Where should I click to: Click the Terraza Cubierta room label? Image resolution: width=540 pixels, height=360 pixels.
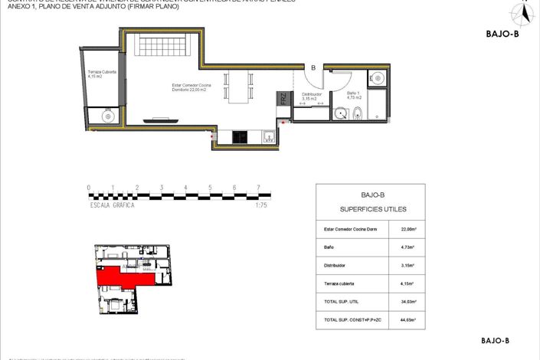pos(102,74)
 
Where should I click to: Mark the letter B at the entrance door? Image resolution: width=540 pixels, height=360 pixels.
pos(313,68)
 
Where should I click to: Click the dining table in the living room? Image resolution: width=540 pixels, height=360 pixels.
pos(238,87)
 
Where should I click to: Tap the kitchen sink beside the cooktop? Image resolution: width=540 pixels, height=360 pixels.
pos(269,137)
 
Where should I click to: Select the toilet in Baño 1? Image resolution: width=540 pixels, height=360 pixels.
pos(357,114)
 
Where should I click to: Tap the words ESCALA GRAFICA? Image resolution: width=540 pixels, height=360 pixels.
pos(113,205)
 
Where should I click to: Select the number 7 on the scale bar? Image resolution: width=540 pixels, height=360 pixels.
pos(258,187)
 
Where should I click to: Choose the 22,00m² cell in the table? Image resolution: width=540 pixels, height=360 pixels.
pos(407,228)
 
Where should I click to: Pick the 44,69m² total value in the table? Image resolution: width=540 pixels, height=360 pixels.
pos(407,319)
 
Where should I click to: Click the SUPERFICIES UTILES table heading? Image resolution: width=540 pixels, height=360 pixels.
pos(370,208)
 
